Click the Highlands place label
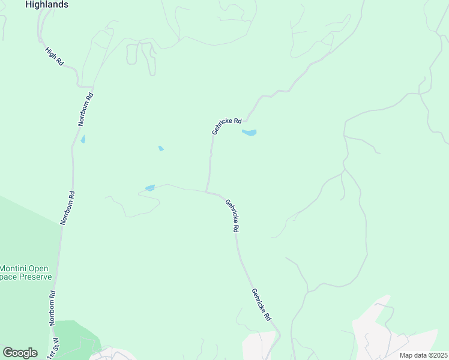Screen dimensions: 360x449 point(47,4)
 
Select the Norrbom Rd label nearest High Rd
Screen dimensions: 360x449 point(86,109)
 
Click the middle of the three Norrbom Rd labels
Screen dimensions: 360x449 point(67,208)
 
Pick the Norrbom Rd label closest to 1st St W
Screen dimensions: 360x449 point(52,308)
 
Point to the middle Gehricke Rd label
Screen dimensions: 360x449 point(233,216)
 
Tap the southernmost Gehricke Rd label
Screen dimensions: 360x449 point(262,305)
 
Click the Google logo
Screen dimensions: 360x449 point(20,353)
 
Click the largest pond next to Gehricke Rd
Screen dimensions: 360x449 point(249,133)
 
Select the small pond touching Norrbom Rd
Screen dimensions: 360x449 point(83,139)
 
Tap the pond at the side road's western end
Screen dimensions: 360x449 point(150,188)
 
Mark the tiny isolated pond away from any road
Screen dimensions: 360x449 point(161,148)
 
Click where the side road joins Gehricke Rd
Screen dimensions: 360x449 point(207,193)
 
